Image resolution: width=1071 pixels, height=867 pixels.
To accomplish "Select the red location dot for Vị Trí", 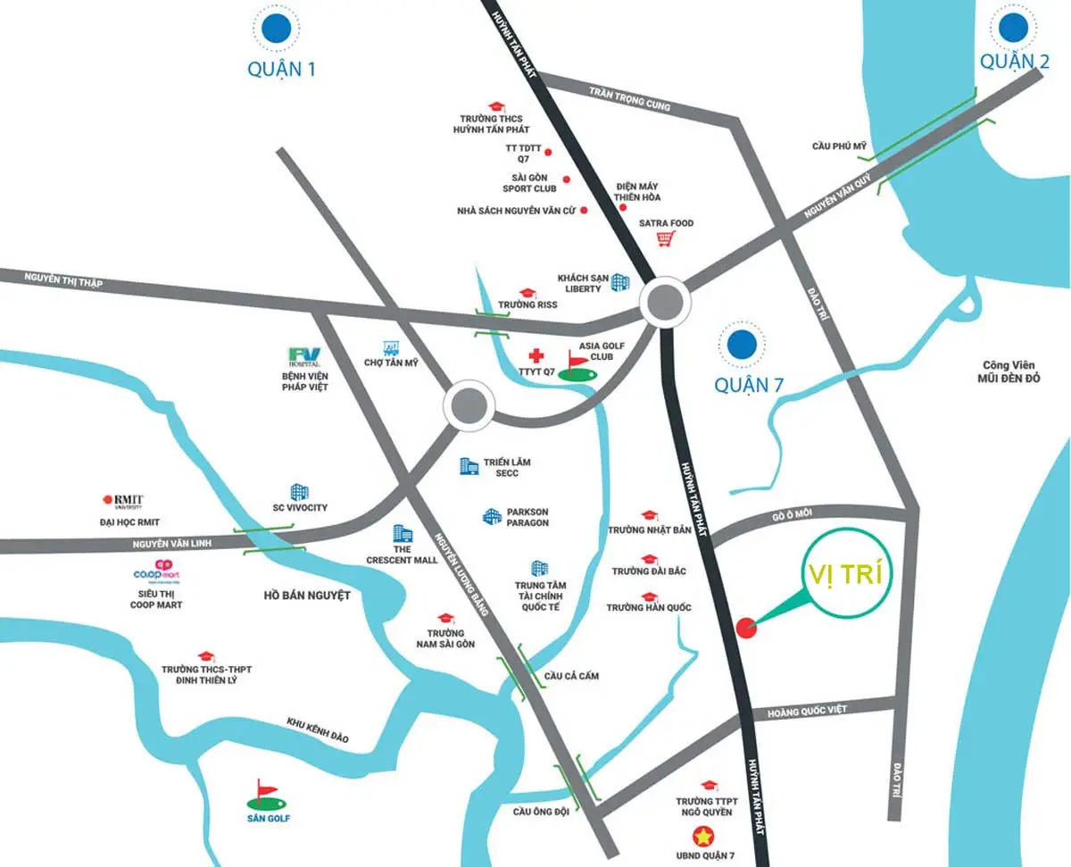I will (747, 628).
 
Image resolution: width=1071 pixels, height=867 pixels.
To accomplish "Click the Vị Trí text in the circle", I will (842, 574).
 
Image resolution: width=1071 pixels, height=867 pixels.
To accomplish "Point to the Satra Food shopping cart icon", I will (664, 238).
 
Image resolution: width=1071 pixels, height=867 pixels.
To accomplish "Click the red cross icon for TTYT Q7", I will (535, 356).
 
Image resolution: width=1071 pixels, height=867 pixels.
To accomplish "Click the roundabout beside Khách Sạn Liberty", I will (666, 304).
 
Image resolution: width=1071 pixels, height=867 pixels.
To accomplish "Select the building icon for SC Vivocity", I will (300, 492).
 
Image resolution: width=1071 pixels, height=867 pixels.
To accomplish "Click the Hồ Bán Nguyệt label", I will (307, 595).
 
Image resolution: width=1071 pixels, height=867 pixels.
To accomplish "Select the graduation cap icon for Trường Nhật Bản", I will (649, 515).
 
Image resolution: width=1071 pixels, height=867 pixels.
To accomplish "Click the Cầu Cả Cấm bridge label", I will (571, 676).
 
